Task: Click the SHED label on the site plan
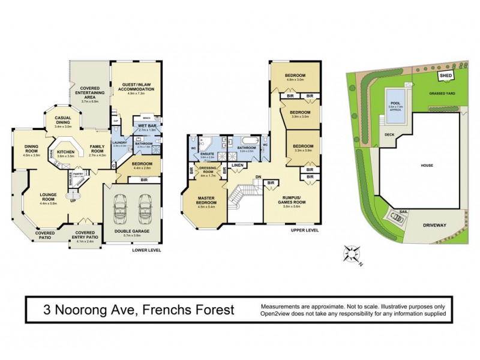tap(446, 76)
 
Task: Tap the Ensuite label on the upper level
tap(207, 153)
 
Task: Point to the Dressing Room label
tap(207, 171)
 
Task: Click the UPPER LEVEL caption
tap(304, 230)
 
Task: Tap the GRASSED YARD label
tap(441, 94)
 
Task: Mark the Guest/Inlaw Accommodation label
tap(139, 88)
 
